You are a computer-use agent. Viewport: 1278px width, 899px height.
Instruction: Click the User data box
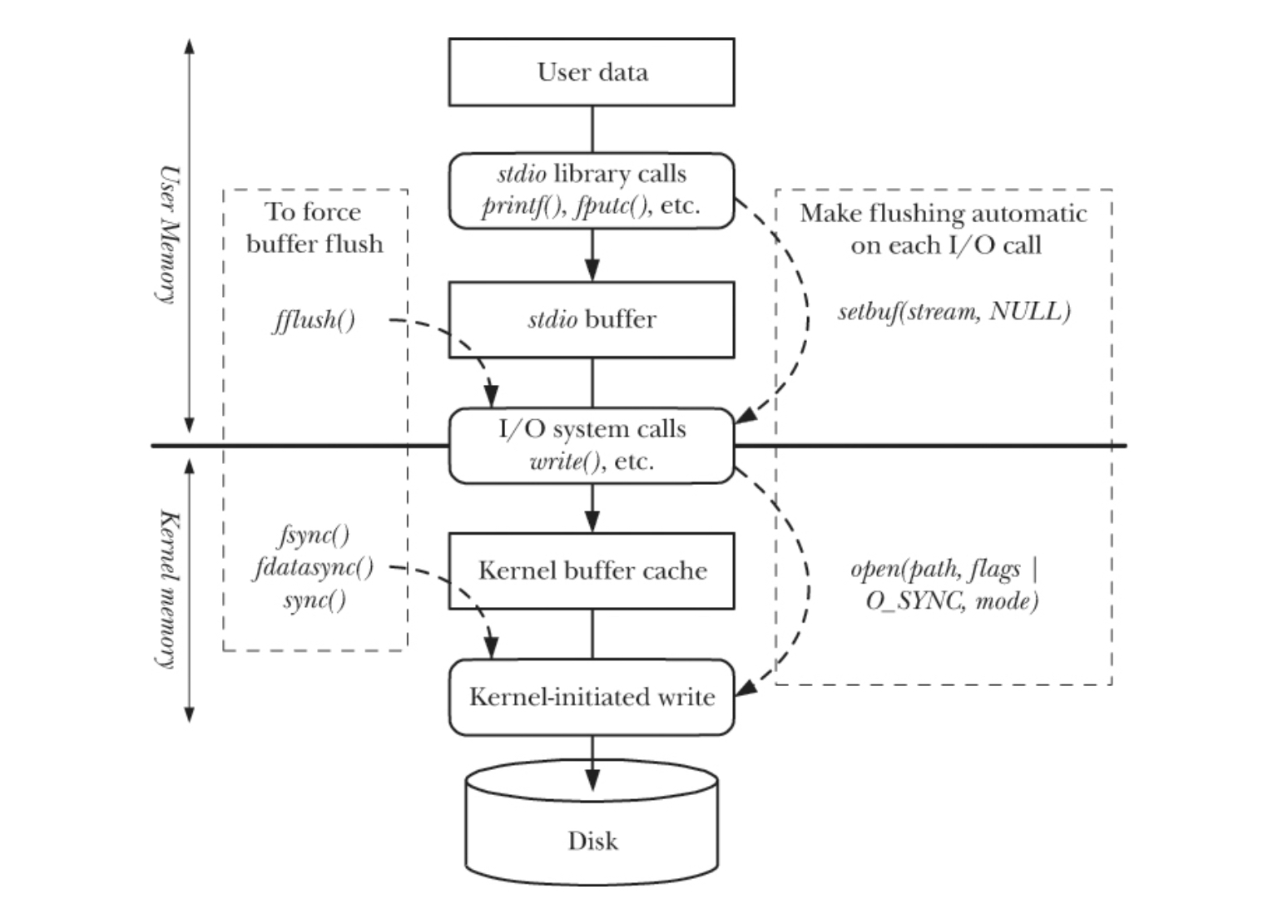pos(592,72)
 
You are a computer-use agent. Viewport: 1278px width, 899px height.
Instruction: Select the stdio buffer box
pos(592,319)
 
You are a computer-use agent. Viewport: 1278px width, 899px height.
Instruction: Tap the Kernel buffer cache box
pos(592,571)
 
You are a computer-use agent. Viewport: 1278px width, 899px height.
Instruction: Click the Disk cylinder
pos(592,822)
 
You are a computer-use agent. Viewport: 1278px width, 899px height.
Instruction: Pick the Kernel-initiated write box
pos(592,697)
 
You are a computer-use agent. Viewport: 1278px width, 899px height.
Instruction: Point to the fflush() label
pos(314,320)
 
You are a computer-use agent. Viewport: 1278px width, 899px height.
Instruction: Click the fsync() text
pos(315,535)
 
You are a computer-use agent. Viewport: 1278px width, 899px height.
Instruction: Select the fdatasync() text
pos(313,567)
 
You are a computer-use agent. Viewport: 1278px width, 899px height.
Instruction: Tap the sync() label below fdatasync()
pos(315,600)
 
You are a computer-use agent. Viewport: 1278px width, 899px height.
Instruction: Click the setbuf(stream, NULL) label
pos(954,312)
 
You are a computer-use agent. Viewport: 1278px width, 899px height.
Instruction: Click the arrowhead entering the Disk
pos(592,780)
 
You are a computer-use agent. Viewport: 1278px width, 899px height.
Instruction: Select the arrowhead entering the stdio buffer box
pos(592,269)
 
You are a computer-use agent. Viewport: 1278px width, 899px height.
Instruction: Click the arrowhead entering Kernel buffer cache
pos(592,521)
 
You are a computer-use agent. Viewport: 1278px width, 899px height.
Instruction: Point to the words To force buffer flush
pos(315,228)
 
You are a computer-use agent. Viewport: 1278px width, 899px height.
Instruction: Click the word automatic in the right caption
pos(1028,214)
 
